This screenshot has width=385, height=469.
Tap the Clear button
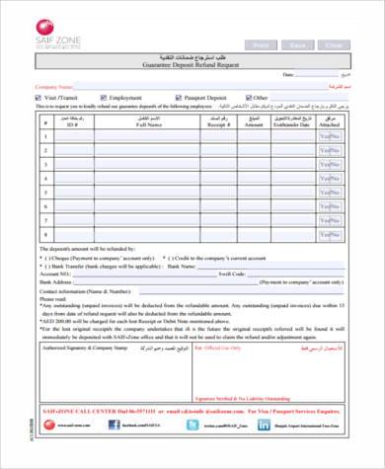point(335,45)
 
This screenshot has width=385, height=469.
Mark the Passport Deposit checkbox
point(178,98)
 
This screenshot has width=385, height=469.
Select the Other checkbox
point(249,98)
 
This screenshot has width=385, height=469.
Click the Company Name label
point(54,87)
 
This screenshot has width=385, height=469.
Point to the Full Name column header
point(148,124)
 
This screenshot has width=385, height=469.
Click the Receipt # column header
point(217,124)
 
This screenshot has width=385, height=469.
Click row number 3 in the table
point(45,166)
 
